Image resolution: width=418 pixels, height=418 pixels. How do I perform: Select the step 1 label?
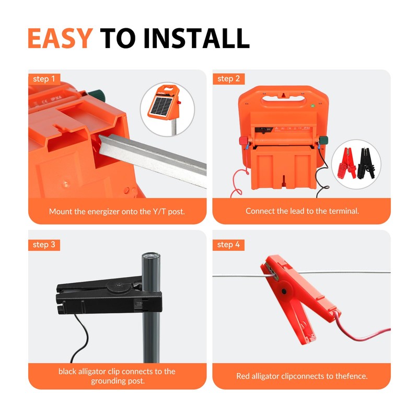44,79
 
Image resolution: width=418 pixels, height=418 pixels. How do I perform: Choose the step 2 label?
228,79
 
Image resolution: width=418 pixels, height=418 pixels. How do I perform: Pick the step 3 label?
44,245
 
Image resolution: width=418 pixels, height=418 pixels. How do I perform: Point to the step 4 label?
228,245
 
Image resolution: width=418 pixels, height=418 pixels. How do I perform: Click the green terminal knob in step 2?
323,140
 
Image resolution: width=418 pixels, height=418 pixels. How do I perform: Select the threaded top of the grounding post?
151,259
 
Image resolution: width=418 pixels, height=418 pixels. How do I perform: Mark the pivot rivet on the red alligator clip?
284,289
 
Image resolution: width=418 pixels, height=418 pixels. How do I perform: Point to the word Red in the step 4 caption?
243,376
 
